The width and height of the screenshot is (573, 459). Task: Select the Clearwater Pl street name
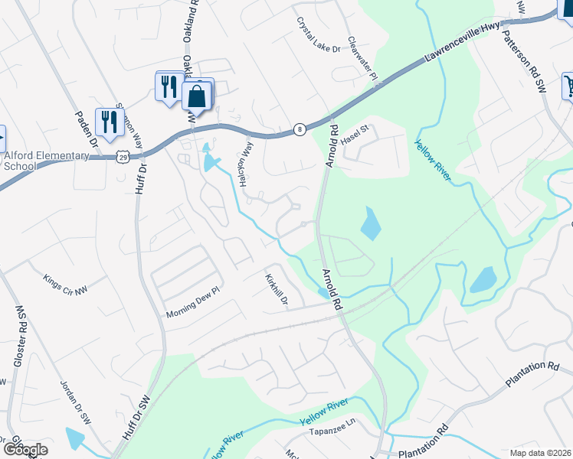(x=362, y=60)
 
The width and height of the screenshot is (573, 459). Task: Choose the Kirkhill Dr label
(x=276, y=291)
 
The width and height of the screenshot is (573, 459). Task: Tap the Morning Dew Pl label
(x=192, y=308)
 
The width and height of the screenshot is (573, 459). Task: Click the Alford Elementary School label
(x=46, y=161)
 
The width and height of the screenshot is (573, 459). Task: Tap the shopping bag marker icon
(x=197, y=96)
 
